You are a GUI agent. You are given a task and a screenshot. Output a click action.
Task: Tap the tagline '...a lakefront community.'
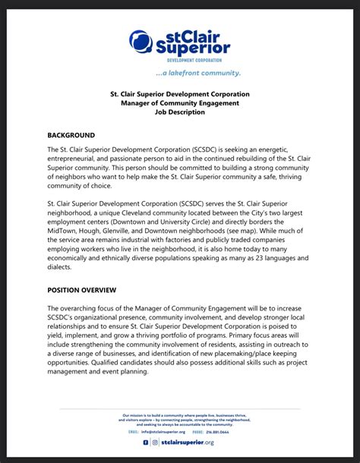coord(197,74)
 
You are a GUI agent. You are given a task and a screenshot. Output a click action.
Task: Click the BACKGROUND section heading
coord(71,134)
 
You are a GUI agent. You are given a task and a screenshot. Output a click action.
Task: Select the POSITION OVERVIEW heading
coord(81,289)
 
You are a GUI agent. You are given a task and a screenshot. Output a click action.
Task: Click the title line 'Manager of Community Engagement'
coord(180,102)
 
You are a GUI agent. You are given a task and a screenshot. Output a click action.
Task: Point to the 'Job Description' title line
coord(180,112)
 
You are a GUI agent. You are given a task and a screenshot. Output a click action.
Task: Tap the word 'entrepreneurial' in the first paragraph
coord(83,160)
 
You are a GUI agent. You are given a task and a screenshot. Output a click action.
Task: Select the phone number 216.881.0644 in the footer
coord(219,431)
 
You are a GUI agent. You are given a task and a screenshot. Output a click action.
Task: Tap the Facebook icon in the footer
coord(145,442)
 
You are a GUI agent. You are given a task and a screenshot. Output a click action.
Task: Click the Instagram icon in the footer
coord(155,442)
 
